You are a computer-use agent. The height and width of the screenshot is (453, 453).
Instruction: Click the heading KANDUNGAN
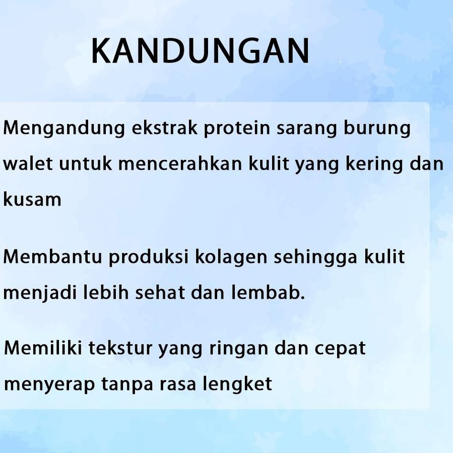(x=200, y=51)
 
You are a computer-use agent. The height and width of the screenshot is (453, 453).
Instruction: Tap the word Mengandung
(x=64, y=129)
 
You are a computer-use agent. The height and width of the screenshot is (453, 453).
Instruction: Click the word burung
(x=377, y=129)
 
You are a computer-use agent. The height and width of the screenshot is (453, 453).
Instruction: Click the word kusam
(x=32, y=200)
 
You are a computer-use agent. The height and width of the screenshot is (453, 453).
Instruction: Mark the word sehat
(x=161, y=293)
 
